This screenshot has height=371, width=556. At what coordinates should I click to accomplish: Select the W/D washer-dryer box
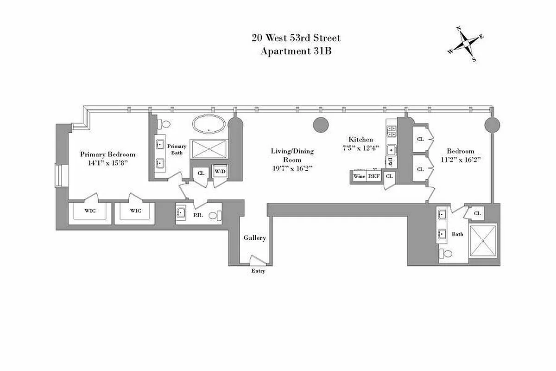point(219,172)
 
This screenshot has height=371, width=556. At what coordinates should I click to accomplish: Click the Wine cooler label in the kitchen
point(359,176)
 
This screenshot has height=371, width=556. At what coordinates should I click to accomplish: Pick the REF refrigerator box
point(374,176)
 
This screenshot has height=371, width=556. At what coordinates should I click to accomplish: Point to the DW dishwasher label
point(390,162)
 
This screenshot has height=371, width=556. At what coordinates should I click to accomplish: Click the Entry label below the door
point(258,271)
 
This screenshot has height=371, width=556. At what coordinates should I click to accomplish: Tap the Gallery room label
point(255,238)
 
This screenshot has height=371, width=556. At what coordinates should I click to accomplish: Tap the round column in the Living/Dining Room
point(321,124)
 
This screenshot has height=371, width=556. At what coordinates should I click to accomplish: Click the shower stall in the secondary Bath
point(483,240)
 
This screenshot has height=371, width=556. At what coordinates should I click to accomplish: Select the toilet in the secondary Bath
point(446,254)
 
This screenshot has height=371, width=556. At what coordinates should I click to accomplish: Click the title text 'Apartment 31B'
point(296,51)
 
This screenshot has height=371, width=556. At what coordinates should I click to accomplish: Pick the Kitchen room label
point(361,139)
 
